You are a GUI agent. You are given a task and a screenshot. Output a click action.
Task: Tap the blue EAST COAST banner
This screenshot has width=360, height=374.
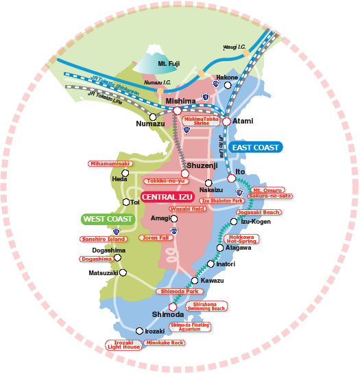(x=255, y=147)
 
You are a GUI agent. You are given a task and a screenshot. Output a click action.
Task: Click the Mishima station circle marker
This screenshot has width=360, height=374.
(x=177, y=110)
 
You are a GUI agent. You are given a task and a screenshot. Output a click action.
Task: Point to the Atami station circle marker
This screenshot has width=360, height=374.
(x=227, y=121)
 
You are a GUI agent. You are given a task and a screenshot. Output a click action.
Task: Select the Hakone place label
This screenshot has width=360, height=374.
(x=228, y=78)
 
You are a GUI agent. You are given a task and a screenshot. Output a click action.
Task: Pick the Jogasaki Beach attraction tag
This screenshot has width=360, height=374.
(x=258, y=213)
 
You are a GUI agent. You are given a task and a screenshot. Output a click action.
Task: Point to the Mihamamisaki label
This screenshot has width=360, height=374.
(x=108, y=163)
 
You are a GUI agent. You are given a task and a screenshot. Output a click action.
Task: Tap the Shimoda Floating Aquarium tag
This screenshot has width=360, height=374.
(x=186, y=327)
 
